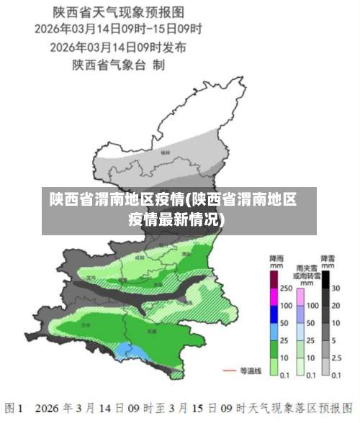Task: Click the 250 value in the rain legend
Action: point(286,288)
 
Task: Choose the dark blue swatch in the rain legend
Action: point(274,314)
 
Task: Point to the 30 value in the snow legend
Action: point(336,288)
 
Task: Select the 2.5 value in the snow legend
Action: point(337,358)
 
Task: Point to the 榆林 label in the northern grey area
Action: point(166,153)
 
